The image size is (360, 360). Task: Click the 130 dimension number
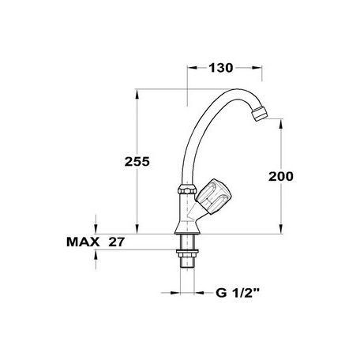tap(221, 68)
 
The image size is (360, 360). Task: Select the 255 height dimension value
tap(137, 162)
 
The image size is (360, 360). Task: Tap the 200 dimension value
tap(281, 176)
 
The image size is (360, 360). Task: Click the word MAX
tap(83, 242)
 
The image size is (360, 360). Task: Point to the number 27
tap(116, 242)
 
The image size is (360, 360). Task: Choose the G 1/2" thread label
tap(238, 293)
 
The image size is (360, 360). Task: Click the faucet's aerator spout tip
tap(259, 114)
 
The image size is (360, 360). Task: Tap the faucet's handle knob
tap(214, 196)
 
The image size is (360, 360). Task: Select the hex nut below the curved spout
tap(187, 189)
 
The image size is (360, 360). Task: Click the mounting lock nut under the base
tap(187, 253)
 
